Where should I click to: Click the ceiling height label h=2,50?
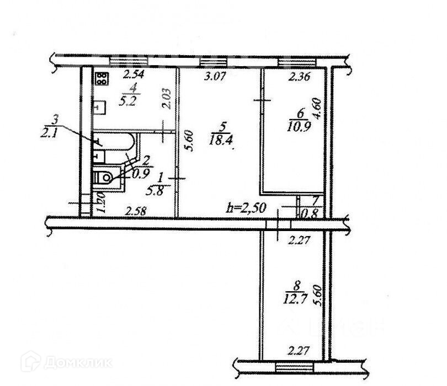pyautogui.click(x=248, y=208)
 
